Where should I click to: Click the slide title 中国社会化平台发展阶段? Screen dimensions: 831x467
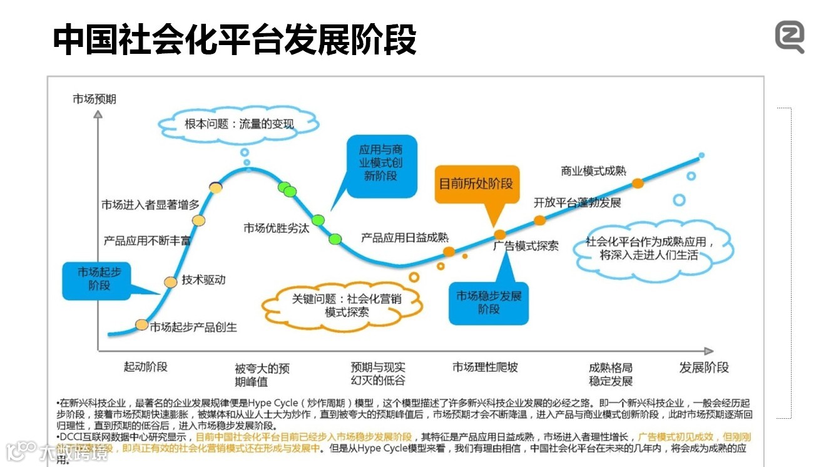tap(234, 40)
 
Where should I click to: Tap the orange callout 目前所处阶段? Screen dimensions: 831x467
tap(476, 184)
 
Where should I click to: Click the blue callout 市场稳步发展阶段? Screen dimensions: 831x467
tap(489, 303)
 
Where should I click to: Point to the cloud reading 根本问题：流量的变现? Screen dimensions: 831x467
tap(238, 124)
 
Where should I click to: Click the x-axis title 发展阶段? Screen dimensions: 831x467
tap(704, 367)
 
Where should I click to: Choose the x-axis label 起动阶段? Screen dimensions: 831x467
tap(145, 367)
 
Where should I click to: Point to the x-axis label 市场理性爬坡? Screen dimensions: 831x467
tap(485, 367)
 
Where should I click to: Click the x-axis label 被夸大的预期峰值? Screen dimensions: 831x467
tap(262, 374)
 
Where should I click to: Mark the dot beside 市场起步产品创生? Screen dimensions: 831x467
tap(142, 325)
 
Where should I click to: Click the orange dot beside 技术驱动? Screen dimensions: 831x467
tap(171, 282)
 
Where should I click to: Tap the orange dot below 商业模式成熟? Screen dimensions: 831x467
tap(638, 183)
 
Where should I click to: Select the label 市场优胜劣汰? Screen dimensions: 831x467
tap(276, 228)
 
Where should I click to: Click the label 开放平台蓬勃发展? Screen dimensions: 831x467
tap(577, 203)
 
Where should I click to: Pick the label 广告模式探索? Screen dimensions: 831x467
tap(526, 246)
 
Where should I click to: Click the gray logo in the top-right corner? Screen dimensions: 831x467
tap(790, 37)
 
